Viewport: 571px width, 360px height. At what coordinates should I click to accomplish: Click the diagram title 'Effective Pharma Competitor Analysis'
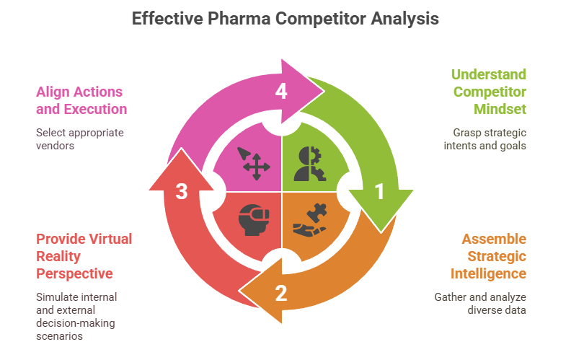(x=285, y=19)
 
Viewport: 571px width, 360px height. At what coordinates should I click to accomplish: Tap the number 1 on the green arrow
(x=379, y=192)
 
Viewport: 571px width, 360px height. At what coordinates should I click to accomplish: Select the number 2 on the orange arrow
(x=281, y=292)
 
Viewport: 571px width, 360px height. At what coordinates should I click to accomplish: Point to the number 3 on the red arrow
(x=182, y=192)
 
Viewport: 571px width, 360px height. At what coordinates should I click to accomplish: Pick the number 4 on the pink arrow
(x=281, y=91)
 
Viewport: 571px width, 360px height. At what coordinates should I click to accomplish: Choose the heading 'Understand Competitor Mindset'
(x=489, y=92)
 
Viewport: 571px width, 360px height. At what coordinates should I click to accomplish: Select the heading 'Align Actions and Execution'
(x=81, y=100)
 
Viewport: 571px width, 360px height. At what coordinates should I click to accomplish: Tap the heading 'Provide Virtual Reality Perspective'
(x=84, y=256)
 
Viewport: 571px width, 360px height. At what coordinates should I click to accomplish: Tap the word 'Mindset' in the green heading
(x=500, y=110)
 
